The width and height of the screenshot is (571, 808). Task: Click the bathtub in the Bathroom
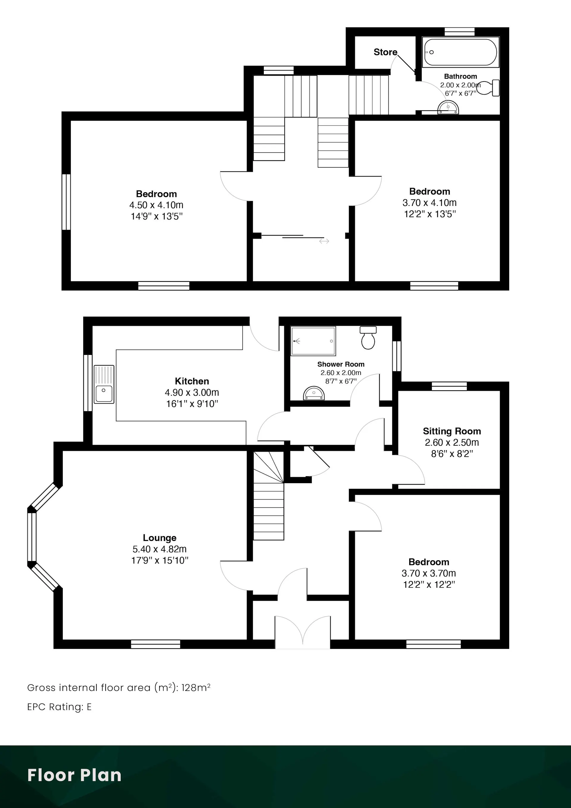461,52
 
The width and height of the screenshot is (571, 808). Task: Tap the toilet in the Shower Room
368,338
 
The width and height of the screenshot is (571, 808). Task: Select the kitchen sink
104,384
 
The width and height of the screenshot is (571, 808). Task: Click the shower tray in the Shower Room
313,341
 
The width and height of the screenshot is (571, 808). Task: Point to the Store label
385,52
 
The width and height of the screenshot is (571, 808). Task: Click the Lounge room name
160,538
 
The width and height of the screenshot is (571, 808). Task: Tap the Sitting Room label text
452,431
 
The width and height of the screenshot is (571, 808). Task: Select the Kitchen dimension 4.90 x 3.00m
192,392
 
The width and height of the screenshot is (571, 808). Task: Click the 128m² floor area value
196,687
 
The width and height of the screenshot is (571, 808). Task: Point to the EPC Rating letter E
89,707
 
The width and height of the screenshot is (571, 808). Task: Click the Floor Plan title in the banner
74,775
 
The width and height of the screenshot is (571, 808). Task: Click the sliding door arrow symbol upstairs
324,241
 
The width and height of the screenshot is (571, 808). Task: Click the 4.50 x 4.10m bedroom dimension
156,205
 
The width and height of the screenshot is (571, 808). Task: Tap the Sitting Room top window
449,386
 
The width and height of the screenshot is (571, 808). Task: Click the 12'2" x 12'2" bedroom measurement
429,585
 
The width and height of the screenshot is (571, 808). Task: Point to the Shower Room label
341,364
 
